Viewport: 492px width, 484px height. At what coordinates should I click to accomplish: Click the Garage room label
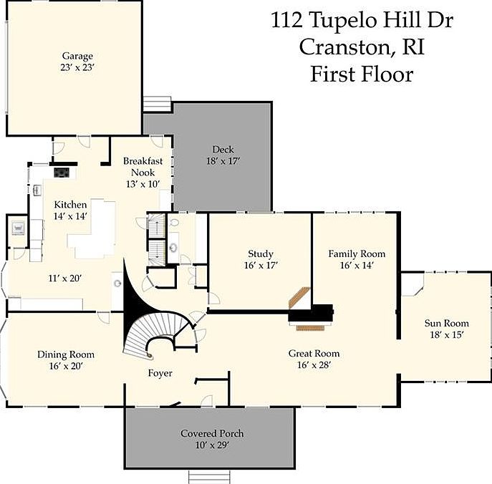[77, 56]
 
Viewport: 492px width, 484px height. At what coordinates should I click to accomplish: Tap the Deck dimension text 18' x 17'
[223, 161]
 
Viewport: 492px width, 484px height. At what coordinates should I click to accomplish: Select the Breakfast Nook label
[143, 167]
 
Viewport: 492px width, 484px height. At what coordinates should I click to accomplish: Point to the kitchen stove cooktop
[62, 173]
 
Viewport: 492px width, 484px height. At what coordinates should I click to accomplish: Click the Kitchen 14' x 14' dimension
[70, 216]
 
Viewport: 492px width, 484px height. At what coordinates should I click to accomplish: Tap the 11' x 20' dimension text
[65, 279]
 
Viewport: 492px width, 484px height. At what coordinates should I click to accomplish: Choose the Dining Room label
[66, 354]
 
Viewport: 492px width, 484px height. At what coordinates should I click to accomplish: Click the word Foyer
[160, 373]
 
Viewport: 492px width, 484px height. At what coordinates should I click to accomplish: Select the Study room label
[261, 253]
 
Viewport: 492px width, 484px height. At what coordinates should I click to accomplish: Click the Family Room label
[357, 253]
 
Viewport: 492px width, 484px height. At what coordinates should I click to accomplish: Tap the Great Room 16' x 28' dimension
[314, 365]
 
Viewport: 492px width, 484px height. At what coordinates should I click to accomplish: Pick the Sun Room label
[446, 323]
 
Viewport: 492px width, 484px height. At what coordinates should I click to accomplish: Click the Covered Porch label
[212, 433]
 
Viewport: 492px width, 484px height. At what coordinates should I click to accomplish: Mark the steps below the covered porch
[209, 477]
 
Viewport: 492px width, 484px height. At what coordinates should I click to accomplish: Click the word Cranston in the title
[346, 47]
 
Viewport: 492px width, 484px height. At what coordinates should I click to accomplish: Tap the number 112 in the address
[286, 20]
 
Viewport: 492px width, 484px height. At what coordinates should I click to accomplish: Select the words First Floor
[362, 74]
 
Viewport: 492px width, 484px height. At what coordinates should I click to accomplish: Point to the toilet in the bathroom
[173, 223]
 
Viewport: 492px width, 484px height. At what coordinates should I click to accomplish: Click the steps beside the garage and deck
[157, 104]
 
